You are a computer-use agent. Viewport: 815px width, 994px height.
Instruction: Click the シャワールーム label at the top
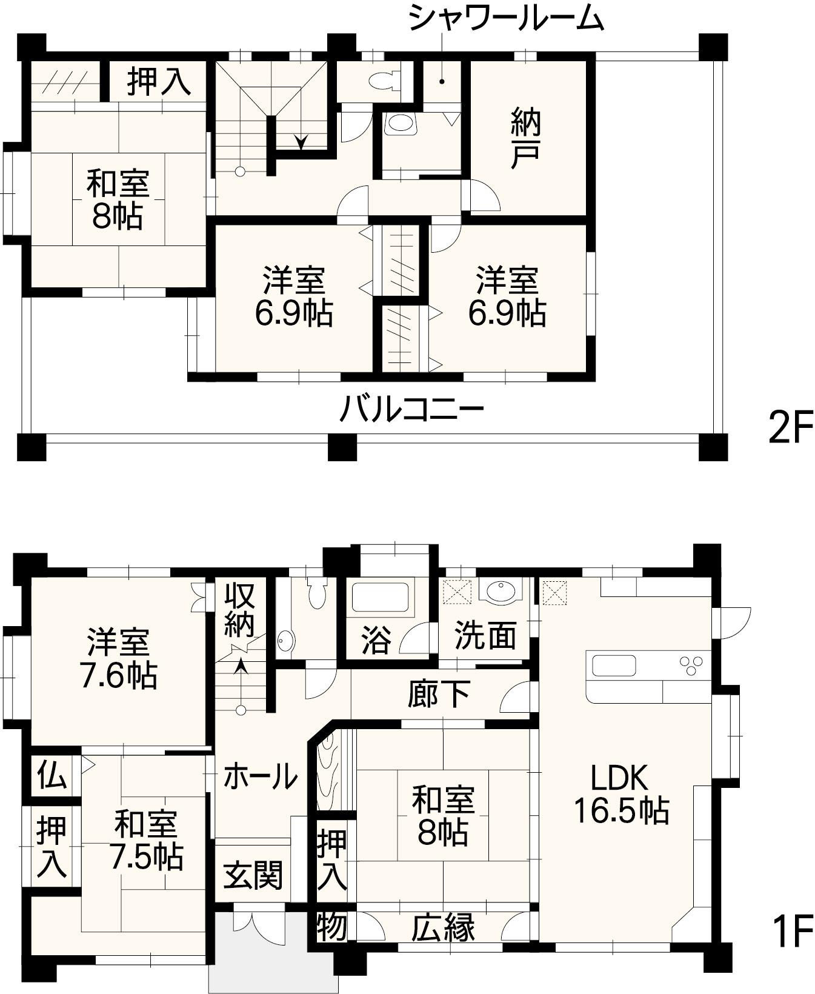tap(506, 18)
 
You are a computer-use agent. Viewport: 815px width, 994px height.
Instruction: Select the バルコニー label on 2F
tap(411, 409)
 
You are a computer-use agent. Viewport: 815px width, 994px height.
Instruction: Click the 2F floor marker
tap(789, 428)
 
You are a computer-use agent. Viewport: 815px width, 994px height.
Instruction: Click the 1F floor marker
tap(791, 931)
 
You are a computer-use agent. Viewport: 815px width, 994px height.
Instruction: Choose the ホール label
tap(261, 776)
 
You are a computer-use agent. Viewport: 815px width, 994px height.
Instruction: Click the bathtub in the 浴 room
tap(380, 598)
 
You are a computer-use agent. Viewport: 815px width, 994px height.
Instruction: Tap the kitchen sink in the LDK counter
tap(614, 665)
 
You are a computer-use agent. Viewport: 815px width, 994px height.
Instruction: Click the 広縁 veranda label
tap(444, 927)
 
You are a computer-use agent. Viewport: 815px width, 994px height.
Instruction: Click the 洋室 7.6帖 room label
tap(118, 659)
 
